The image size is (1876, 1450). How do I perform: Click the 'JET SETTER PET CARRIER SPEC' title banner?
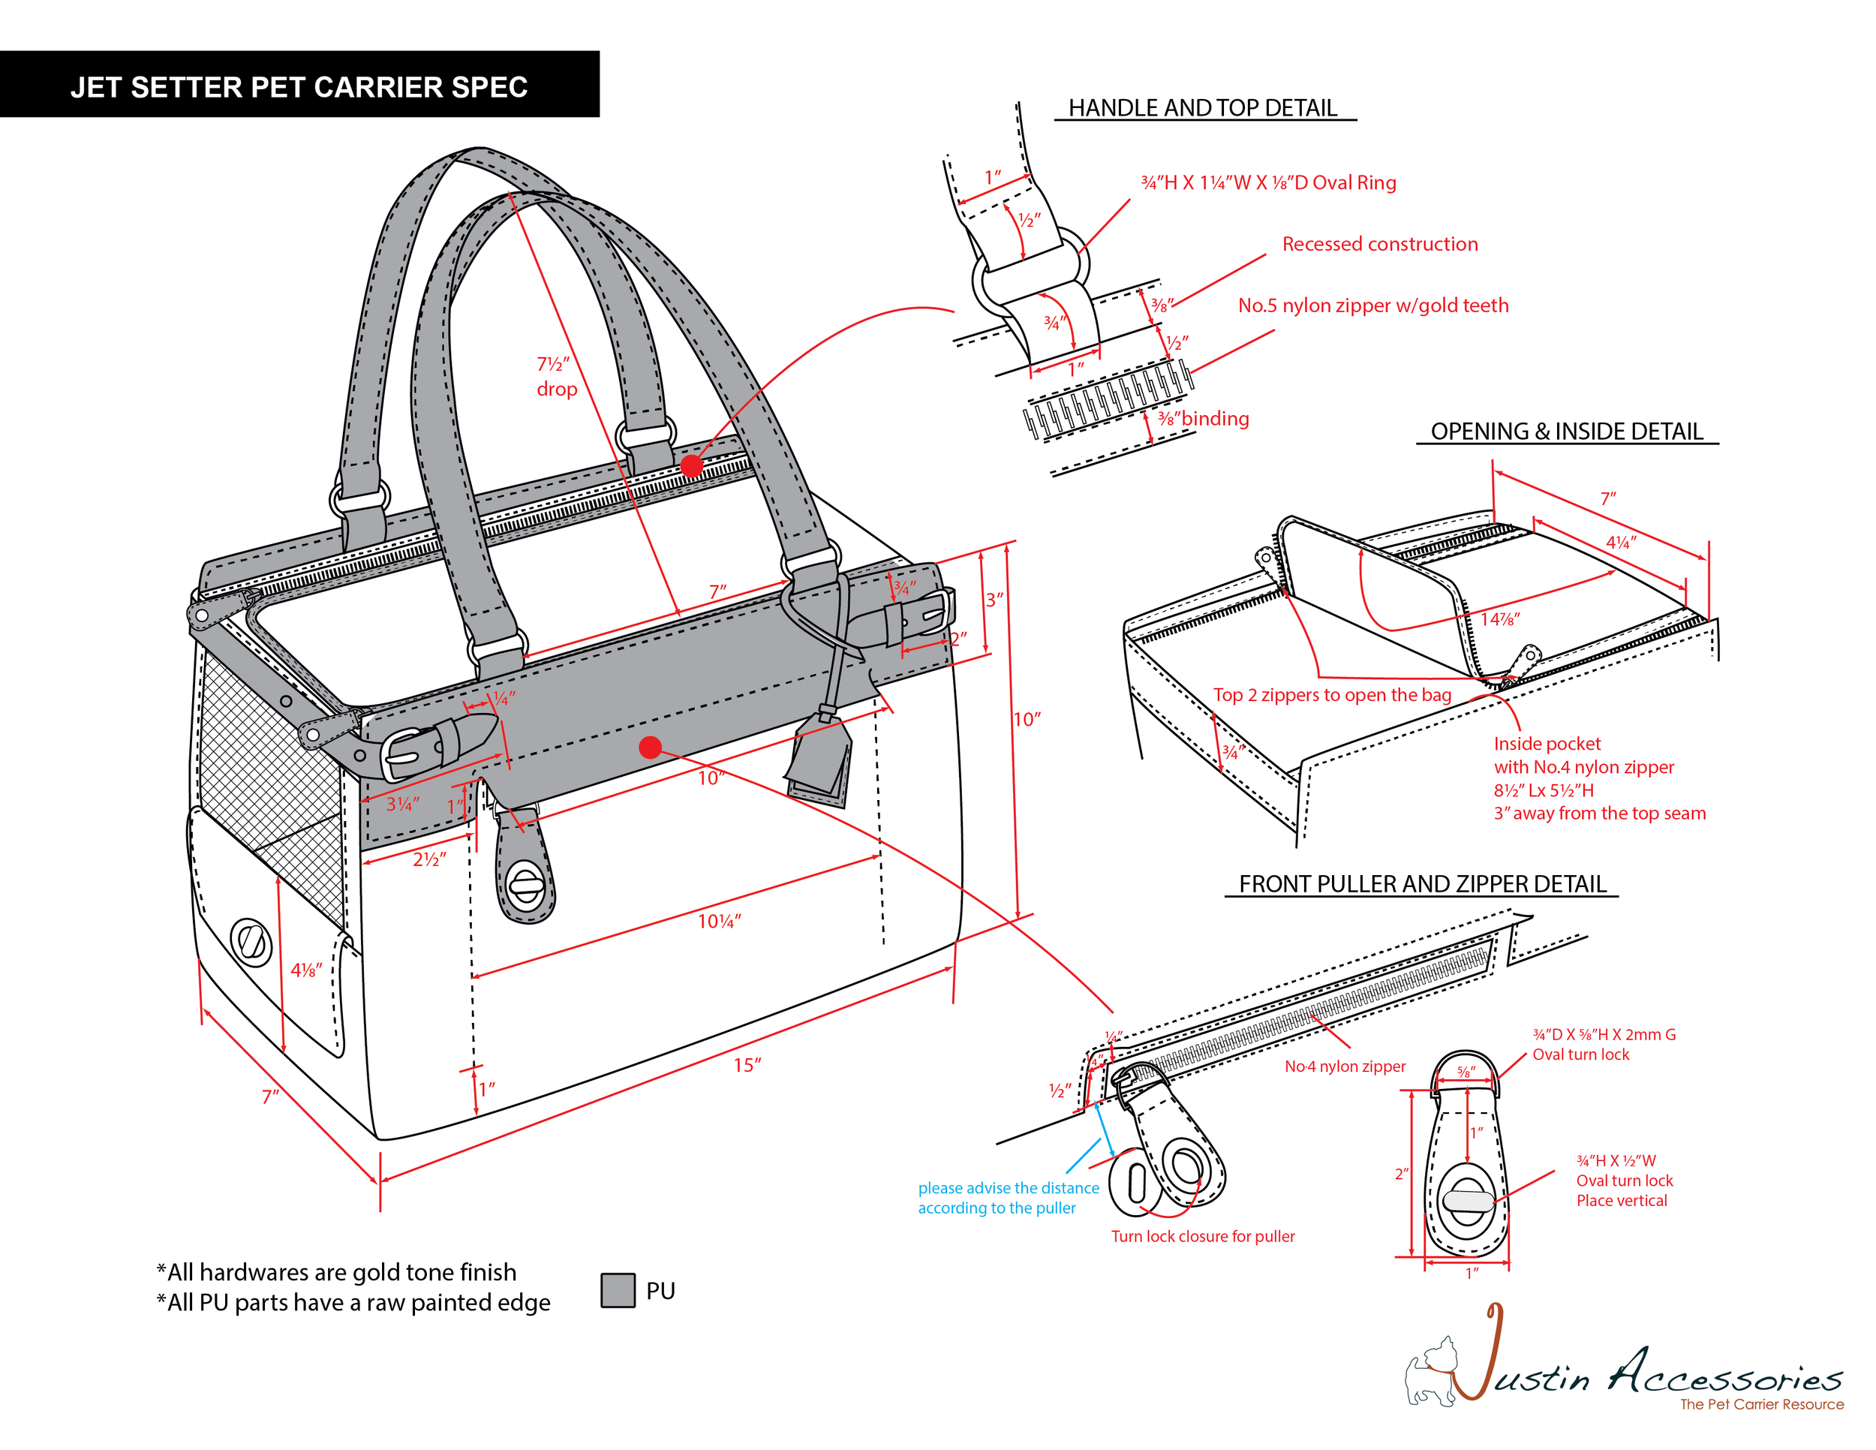click(x=299, y=87)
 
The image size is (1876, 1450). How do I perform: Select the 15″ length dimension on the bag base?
click(x=747, y=1065)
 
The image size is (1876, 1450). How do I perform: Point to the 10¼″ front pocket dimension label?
click(x=719, y=922)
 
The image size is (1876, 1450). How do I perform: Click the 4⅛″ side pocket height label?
click(x=306, y=970)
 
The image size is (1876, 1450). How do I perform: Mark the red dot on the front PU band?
click(x=651, y=748)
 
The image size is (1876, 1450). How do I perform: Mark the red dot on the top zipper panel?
click(x=691, y=465)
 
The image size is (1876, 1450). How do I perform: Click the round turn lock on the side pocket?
click(x=251, y=943)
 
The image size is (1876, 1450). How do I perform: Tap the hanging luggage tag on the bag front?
click(x=820, y=760)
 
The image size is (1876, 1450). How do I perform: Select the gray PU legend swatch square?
click(x=618, y=1290)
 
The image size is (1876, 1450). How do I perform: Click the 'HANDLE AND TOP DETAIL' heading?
click(x=1203, y=108)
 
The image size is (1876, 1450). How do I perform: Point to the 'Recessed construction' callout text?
click(x=1379, y=244)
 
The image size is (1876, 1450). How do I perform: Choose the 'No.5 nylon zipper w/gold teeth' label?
click(x=1372, y=305)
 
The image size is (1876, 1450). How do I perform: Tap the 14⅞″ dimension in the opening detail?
click(x=1500, y=619)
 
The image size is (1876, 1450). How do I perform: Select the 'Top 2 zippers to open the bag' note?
click(x=1331, y=695)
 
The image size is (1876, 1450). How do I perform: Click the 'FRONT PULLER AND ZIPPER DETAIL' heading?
click(x=1421, y=884)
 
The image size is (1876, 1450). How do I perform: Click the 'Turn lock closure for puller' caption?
click(x=1203, y=1236)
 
